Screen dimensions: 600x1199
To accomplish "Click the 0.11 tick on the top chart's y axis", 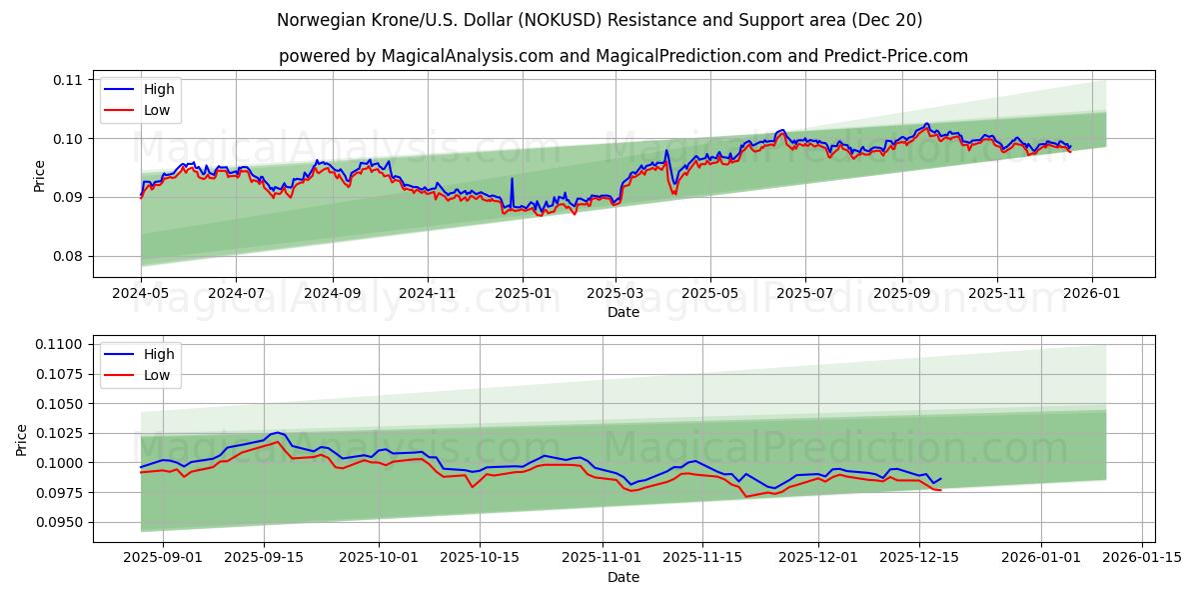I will pos(67,80).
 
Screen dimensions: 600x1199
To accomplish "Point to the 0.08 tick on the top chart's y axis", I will pos(67,256).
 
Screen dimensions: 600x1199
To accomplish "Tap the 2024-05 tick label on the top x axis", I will pos(141,294).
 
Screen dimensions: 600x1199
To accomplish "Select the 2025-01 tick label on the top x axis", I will pos(523,294).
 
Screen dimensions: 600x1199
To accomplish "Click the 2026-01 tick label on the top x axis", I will pos(1091,294).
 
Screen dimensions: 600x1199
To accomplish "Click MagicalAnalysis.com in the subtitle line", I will pos(468,56).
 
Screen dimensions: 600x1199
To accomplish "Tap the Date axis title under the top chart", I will pos(623,312).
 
